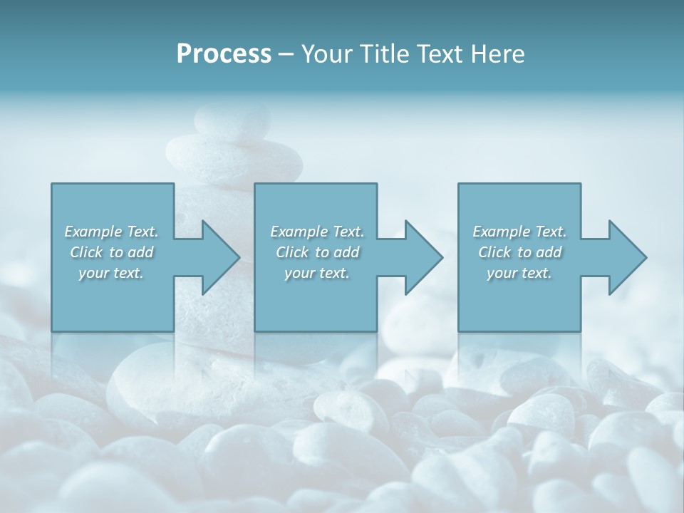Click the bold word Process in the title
pyautogui.click(x=224, y=53)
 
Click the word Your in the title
pyautogui.click(x=324, y=53)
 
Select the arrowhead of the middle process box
pyautogui.click(x=423, y=257)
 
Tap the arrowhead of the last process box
pyautogui.click(x=626, y=257)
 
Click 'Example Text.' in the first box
pyautogui.click(x=112, y=232)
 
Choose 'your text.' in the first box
pyautogui.click(x=112, y=273)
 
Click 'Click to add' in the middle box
pyautogui.click(x=317, y=252)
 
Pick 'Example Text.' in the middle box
pyautogui.click(x=317, y=232)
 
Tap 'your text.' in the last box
pyautogui.click(x=519, y=273)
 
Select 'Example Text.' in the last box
pyautogui.click(x=519, y=232)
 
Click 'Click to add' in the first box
pyautogui.click(x=112, y=252)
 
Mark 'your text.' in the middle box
pyautogui.click(x=317, y=273)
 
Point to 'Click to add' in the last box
pyautogui.click(x=519, y=252)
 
